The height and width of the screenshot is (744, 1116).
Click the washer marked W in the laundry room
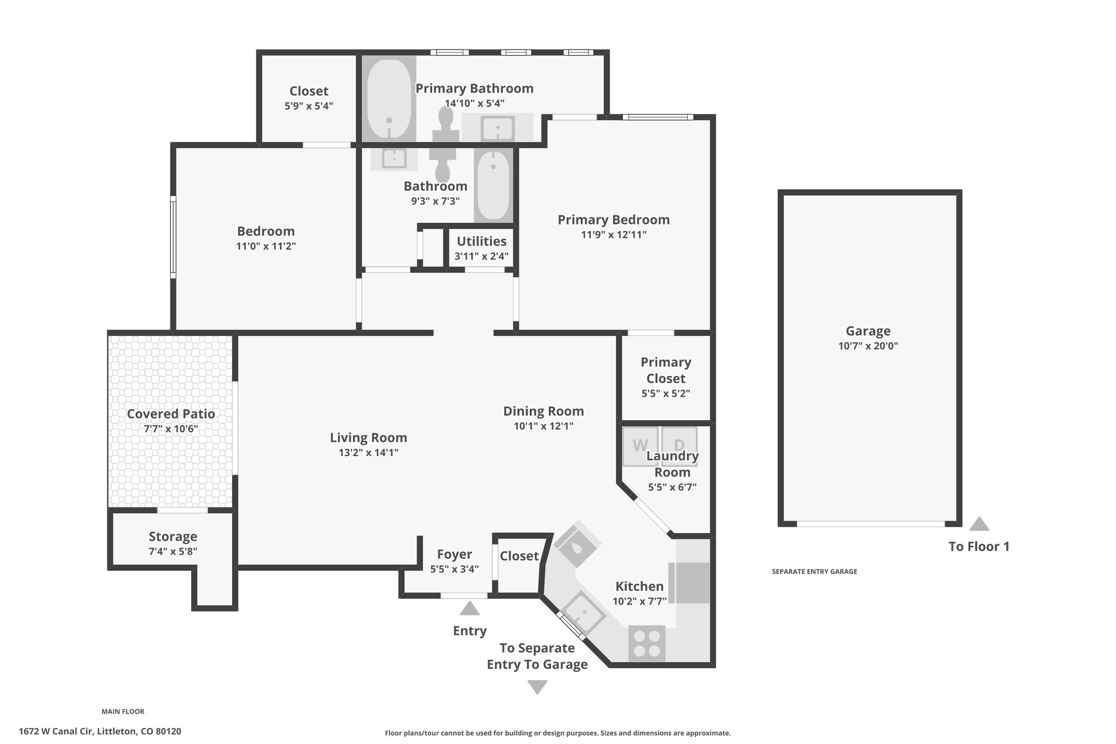pos(640,446)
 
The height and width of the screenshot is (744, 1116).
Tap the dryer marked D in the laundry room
pos(680,446)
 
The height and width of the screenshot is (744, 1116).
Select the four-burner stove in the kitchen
pos(647,644)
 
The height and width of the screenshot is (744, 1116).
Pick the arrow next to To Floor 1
pos(979,524)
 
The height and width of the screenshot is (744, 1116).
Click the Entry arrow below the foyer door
pos(470,608)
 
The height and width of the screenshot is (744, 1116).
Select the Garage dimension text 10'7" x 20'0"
pos(868,346)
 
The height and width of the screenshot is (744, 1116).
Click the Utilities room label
pos(482,241)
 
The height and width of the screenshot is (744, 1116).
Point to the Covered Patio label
pos(171,414)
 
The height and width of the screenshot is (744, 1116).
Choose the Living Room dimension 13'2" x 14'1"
pos(368,452)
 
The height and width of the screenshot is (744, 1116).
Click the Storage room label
pos(173,537)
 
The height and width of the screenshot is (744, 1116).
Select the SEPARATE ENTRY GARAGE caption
pos(815,572)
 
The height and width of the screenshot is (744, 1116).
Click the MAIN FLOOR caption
pos(123,711)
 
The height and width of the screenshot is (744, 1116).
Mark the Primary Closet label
pos(666,370)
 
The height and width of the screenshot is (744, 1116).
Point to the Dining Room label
pos(543,411)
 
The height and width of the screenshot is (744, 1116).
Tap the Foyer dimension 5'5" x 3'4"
pos(454,569)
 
